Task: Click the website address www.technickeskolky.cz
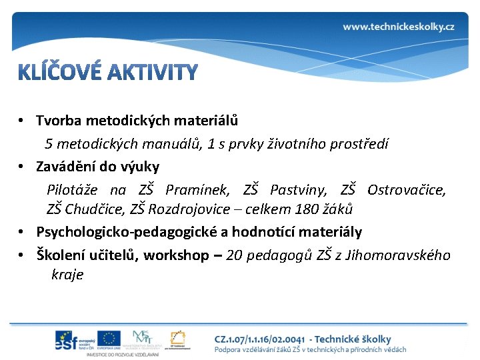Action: click(399, 27)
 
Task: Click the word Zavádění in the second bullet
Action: click(66, 165)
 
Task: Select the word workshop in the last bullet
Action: click(176, 255)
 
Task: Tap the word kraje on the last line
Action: click(67, 275)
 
